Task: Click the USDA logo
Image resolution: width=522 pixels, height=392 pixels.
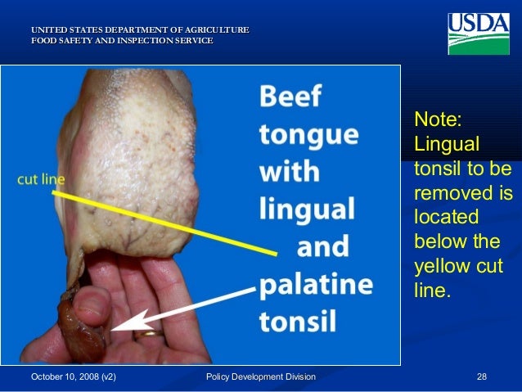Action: pyautogui.click(x=479, y=34)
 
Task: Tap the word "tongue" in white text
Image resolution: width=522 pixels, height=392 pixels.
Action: pyautogui.click(x=309, y=137)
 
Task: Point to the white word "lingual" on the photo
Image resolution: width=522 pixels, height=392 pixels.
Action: pyautogui.click(x=308, y=210)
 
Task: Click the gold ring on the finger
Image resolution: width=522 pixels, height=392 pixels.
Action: pyautogui.click(x=148, y=333)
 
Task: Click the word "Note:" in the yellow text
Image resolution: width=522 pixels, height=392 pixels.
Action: pyautogui.click(x=439, y=119)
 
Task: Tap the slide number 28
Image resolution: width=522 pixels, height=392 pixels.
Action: pyautogui.click(x=482, y=376)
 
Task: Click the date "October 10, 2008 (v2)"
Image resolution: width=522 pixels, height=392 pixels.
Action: pyautogui.click(x=74, y=376)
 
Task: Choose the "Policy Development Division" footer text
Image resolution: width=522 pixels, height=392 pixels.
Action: pyautogui.click(x=261, y=376)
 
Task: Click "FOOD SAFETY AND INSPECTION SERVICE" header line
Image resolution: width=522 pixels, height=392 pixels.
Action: pyautogui.click(x=122, y=39)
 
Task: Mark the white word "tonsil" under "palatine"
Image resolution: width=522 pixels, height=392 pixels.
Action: pyautogui.click(x=298, y=321)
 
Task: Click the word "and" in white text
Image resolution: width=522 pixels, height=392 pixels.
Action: pyautogui.click(x=322, y=247)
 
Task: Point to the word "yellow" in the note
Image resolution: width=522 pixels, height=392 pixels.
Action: pyautogui.click(x=442, y=266)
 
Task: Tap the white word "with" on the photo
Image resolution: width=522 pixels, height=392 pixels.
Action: pyautogui.click(x=290, y=173)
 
